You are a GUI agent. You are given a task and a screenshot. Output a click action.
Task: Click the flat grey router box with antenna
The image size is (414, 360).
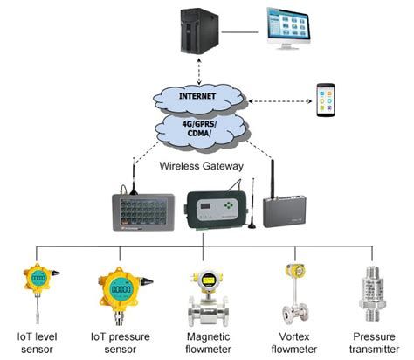(289, 211)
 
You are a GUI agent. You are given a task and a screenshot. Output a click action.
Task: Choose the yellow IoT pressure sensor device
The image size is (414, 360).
(120, 287)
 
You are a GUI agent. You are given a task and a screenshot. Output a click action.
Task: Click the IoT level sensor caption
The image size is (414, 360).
(36, 343)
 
